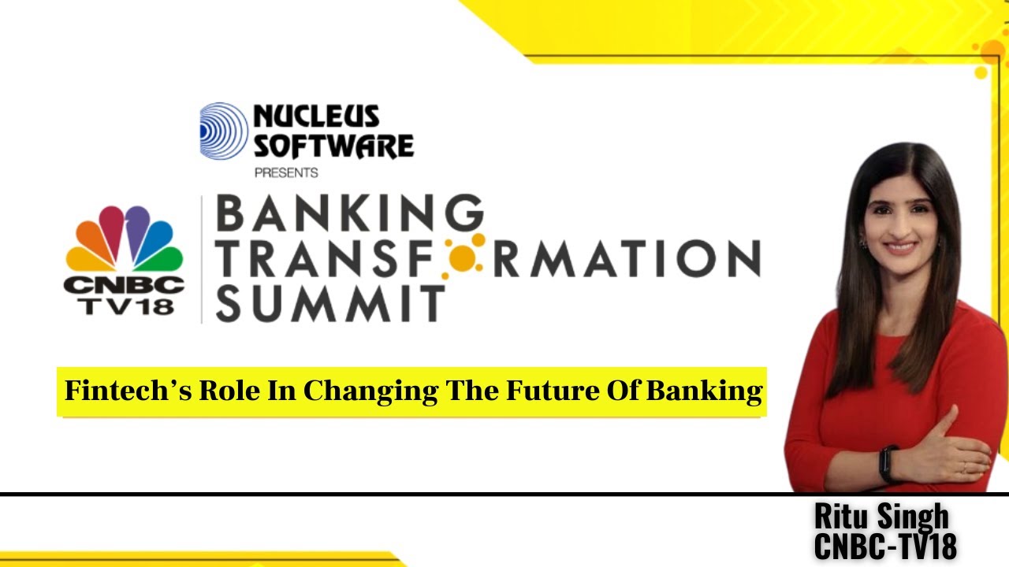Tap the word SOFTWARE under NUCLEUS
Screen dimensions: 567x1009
333,146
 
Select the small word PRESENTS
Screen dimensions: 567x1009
286,172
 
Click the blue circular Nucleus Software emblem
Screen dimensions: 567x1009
224,131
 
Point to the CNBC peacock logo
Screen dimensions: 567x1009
124,240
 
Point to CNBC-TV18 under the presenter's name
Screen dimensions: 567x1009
885,546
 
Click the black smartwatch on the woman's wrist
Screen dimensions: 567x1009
888,464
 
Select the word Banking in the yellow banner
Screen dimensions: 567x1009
704,391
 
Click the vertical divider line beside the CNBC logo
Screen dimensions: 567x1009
202,260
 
